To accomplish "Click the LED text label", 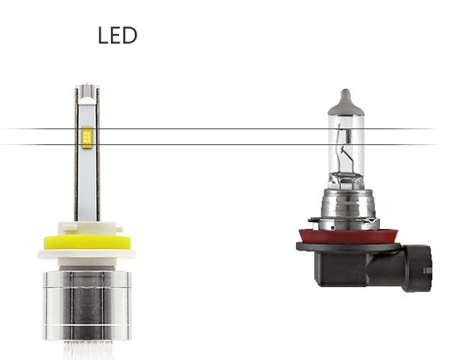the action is (x=117, y=36).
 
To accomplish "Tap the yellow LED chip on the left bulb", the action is (x=86, y=137).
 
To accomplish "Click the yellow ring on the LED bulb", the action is (x=87, y=242).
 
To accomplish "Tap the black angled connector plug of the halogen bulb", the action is (x=416, y=268).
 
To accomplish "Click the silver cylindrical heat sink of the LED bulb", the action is (x=87, y=306).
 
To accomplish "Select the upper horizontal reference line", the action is (x=221, y=128).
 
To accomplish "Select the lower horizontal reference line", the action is (x=221, y=144).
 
